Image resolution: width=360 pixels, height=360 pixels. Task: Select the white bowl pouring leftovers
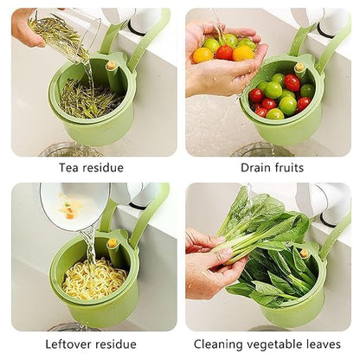[x=73, y=206]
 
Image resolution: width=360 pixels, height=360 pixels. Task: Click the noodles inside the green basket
[x=93, y=279]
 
